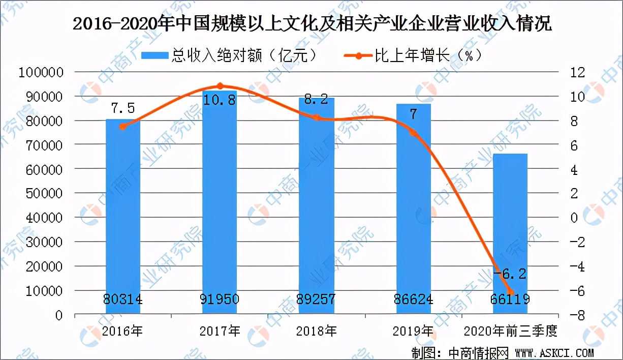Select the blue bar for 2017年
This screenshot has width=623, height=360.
tap(220, 203)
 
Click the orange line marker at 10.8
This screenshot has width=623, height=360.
tap(220, 86)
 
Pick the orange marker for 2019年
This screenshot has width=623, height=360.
tap(414, 133)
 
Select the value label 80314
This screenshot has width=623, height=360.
tap(123, 299)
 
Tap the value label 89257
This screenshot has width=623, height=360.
tap(316, 299)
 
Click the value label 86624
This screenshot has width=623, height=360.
tap(413, 299)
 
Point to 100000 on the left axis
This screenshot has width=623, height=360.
tap(40, 72)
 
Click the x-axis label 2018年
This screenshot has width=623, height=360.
tap(316, 332)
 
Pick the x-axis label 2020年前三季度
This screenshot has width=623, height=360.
tap(510, 332)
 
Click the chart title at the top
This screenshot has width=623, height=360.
tap(311, 24)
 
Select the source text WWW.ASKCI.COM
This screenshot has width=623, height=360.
tap(554, 352)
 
